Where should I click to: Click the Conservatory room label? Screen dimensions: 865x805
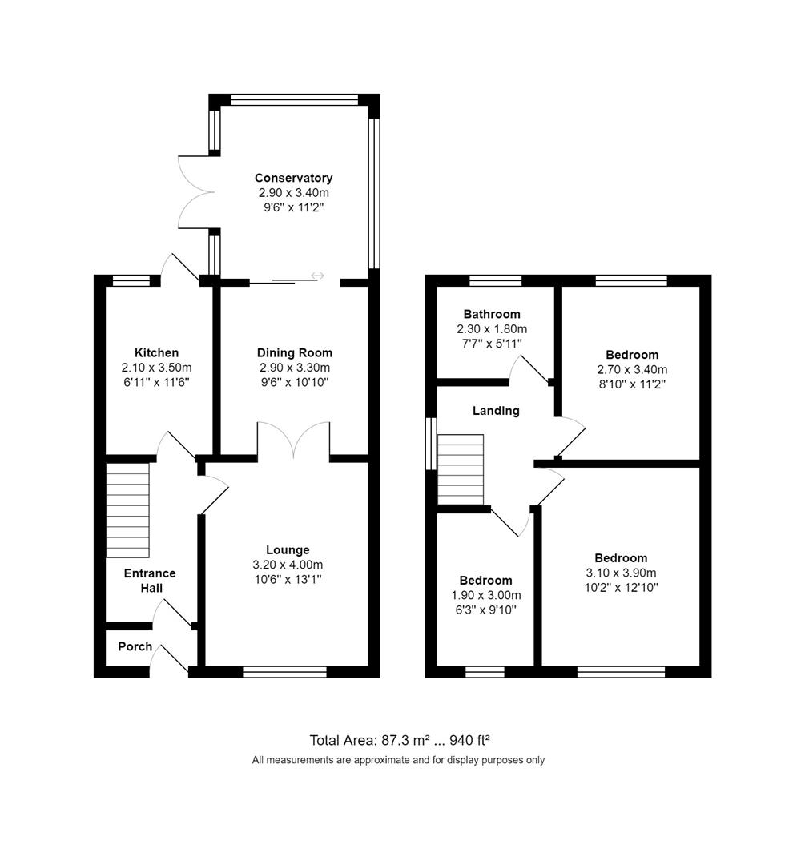click(x=293, y=178)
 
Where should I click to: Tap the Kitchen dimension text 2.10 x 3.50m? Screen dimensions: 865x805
click(x=156, y=368)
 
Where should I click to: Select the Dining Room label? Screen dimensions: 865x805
click(x=294, y=352)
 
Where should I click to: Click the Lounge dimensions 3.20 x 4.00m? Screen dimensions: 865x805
click(x=288, y=565)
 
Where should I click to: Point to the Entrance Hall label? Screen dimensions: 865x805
click(x=150, y=581)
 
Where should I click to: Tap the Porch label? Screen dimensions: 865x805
click(x=135, y=646)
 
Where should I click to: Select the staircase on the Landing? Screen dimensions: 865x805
click(x=461, y=469)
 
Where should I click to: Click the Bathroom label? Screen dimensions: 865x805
click(x=492, y=314)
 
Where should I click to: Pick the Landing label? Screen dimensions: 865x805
click(x=496, y=411)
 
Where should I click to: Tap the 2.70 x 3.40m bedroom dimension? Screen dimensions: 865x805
click(x=632, y=369)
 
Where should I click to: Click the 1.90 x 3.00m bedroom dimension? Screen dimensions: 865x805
click(x=485, y=595)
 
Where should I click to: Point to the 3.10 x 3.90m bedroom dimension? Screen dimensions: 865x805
click(x=621, y=573)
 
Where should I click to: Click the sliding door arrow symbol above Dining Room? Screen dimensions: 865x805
click(x=317, y=276)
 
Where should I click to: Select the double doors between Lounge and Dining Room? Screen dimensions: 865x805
click(x=293, y=441)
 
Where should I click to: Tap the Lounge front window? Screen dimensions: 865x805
click(x=284, y=672)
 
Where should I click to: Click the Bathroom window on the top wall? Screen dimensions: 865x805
click(x=495, y=280)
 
